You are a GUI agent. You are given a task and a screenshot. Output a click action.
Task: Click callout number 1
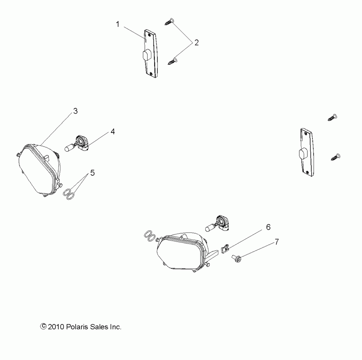tap(118, 24)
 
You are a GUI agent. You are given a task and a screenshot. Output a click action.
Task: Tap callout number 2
tap(196, 43)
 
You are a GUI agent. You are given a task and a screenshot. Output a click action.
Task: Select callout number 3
tap(75, 111)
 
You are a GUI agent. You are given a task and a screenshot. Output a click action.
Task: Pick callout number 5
tap(92, 173)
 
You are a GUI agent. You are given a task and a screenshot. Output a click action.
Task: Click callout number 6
tap(268, 227)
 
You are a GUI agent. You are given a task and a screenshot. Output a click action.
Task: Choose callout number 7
tap(277, 242)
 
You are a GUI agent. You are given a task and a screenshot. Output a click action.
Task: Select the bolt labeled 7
tap(237, 258)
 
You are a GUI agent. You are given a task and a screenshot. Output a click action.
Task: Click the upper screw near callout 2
tap(169, 21)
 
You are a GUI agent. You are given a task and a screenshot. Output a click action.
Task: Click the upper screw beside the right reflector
tap(333, 117)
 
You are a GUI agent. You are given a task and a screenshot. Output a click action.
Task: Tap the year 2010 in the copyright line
tap(57, 327)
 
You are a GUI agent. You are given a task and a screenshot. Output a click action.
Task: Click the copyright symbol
tap(44, 327)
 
